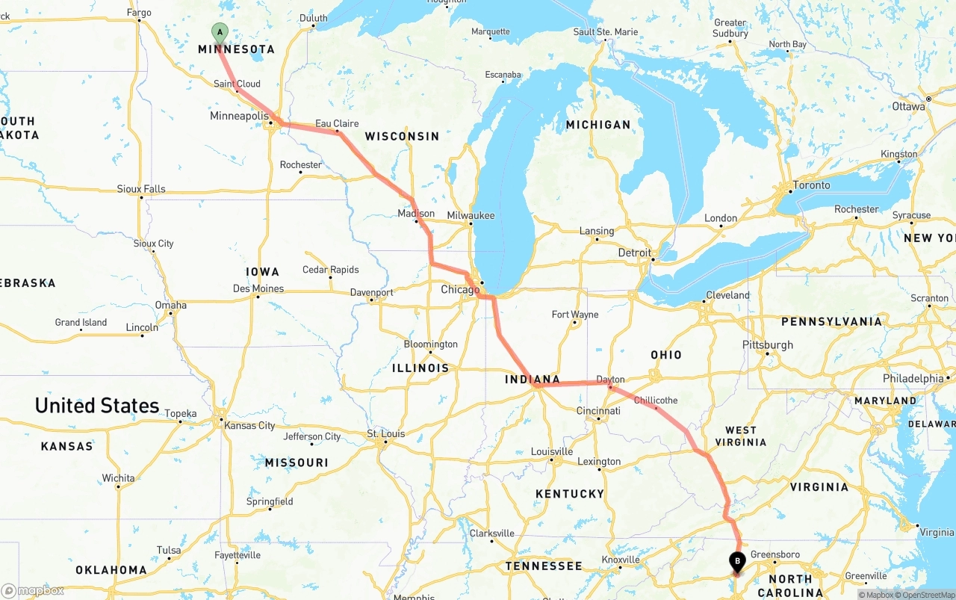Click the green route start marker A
[x=219, y=31]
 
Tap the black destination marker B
[x=737, y=560]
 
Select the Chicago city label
[x=460, y=290]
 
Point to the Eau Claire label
[x=337, y=123]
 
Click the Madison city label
[x=416, y=214]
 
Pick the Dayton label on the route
[x=610, y=380]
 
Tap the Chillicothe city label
[x=656, y=400]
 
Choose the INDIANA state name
[x=533, y=380]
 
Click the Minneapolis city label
[x=239, y=117]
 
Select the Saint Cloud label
[x=237, y=84]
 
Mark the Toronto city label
[x=811, y=185]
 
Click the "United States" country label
[x=97, y=406]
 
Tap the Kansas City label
[x=249, y=426]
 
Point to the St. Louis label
[x=385, y=434]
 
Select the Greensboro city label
[x=775, y=554]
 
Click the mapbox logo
[x=33, y=590]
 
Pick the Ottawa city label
[x=908, y=106]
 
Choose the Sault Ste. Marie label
[x=606, y=32]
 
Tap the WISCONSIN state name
[x=402, y=136]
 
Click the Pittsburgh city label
[x=768, y=345]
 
